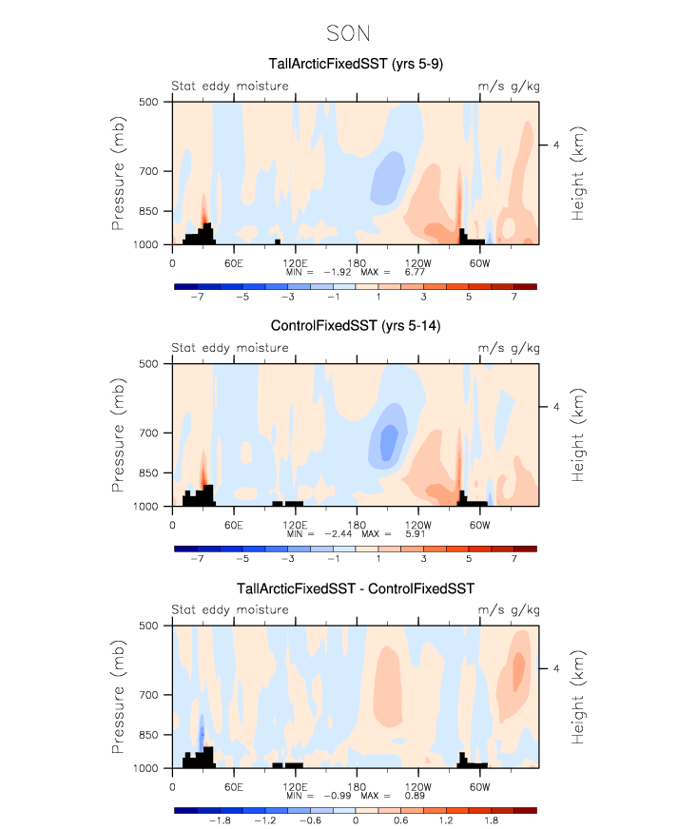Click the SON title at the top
pos(348,34)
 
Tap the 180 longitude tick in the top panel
pos(357,261)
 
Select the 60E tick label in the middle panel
pos(233,524)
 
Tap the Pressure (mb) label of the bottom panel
pos(119,697)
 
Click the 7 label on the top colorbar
pos(513,297)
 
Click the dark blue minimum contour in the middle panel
pos(388,443)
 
